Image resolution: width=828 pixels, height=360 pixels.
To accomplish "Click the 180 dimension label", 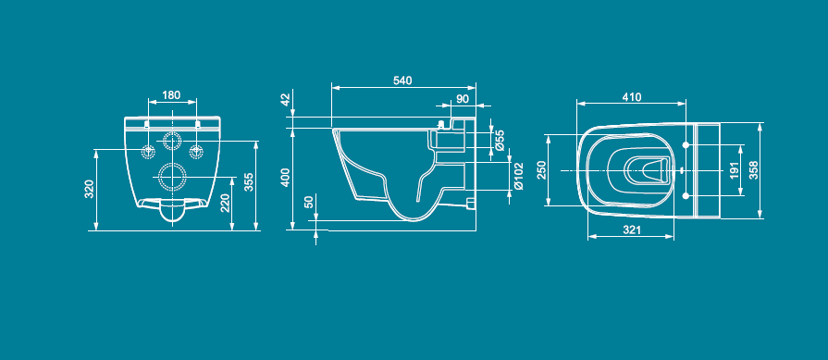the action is pyautogui.click(x=171, y=95).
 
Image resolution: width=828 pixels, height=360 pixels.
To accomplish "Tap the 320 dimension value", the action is pyautogui.click(x=89, y=190).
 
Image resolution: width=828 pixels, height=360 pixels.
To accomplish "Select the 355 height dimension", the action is pyautogui.click(x=248, y=182).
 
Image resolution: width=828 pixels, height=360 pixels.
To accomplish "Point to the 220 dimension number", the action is pyautogui.click(x=225, y=203).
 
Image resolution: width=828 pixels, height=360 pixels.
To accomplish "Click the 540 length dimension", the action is pyautogui.click(x=402, y=81).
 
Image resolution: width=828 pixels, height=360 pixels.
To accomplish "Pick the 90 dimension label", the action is pyautogui.click(x=462, y=99).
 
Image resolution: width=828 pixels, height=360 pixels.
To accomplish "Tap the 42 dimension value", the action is pyautogui.click(x=286, y=100).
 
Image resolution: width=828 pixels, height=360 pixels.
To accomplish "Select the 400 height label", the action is pyautogui.click(x=286, y=178).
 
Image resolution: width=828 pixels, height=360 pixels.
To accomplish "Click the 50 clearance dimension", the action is pyautogui.click(x=309, y=202).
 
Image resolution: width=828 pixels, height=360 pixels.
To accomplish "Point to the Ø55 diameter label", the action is pyautogui.click(x=501, y=141).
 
